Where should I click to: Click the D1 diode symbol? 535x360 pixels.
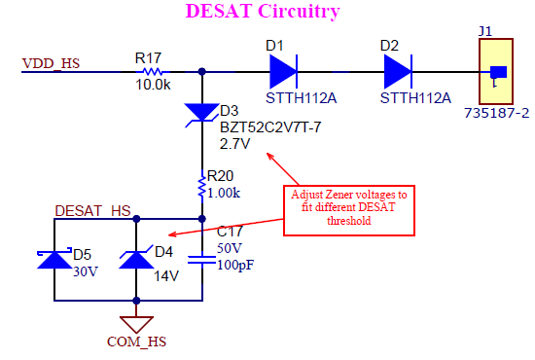click(x=282, y=71)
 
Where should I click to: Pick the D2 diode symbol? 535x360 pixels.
click(x=398, y=71)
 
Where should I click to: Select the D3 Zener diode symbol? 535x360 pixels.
click(x=201, y=114)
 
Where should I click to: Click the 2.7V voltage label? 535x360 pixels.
click(x=235, y=143)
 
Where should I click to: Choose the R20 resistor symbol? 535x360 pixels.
click(x=201, y=182)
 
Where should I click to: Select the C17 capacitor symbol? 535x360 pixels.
click(x=201, y=259)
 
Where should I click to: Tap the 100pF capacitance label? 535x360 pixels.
click(x=233, y=266)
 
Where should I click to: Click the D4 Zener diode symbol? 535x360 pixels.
click(x=134, y=259)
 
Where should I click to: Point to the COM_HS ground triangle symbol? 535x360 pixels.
click(x=134, y=323)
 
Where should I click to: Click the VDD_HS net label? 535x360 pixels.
click(x=51, y=64)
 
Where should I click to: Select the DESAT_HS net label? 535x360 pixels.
click(x=92, y=210)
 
